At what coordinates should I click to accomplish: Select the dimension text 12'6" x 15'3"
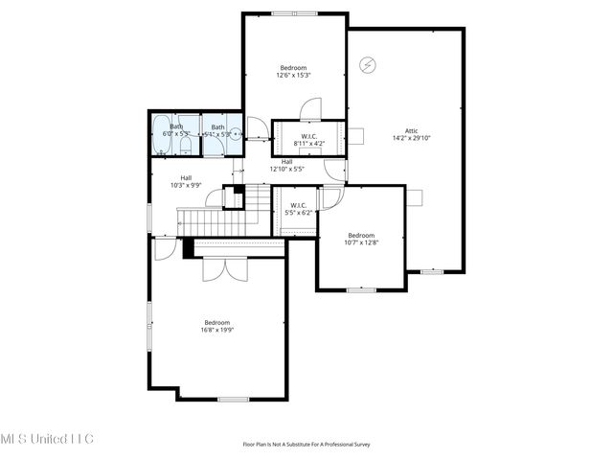point(293,76)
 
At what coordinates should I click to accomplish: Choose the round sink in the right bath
point(235,135)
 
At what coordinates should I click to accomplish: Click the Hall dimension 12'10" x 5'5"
point(287,169)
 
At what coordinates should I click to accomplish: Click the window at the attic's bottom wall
point(432,271)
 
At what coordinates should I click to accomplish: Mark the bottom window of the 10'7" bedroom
point(360,289)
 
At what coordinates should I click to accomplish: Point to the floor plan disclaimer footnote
point(306,444)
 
